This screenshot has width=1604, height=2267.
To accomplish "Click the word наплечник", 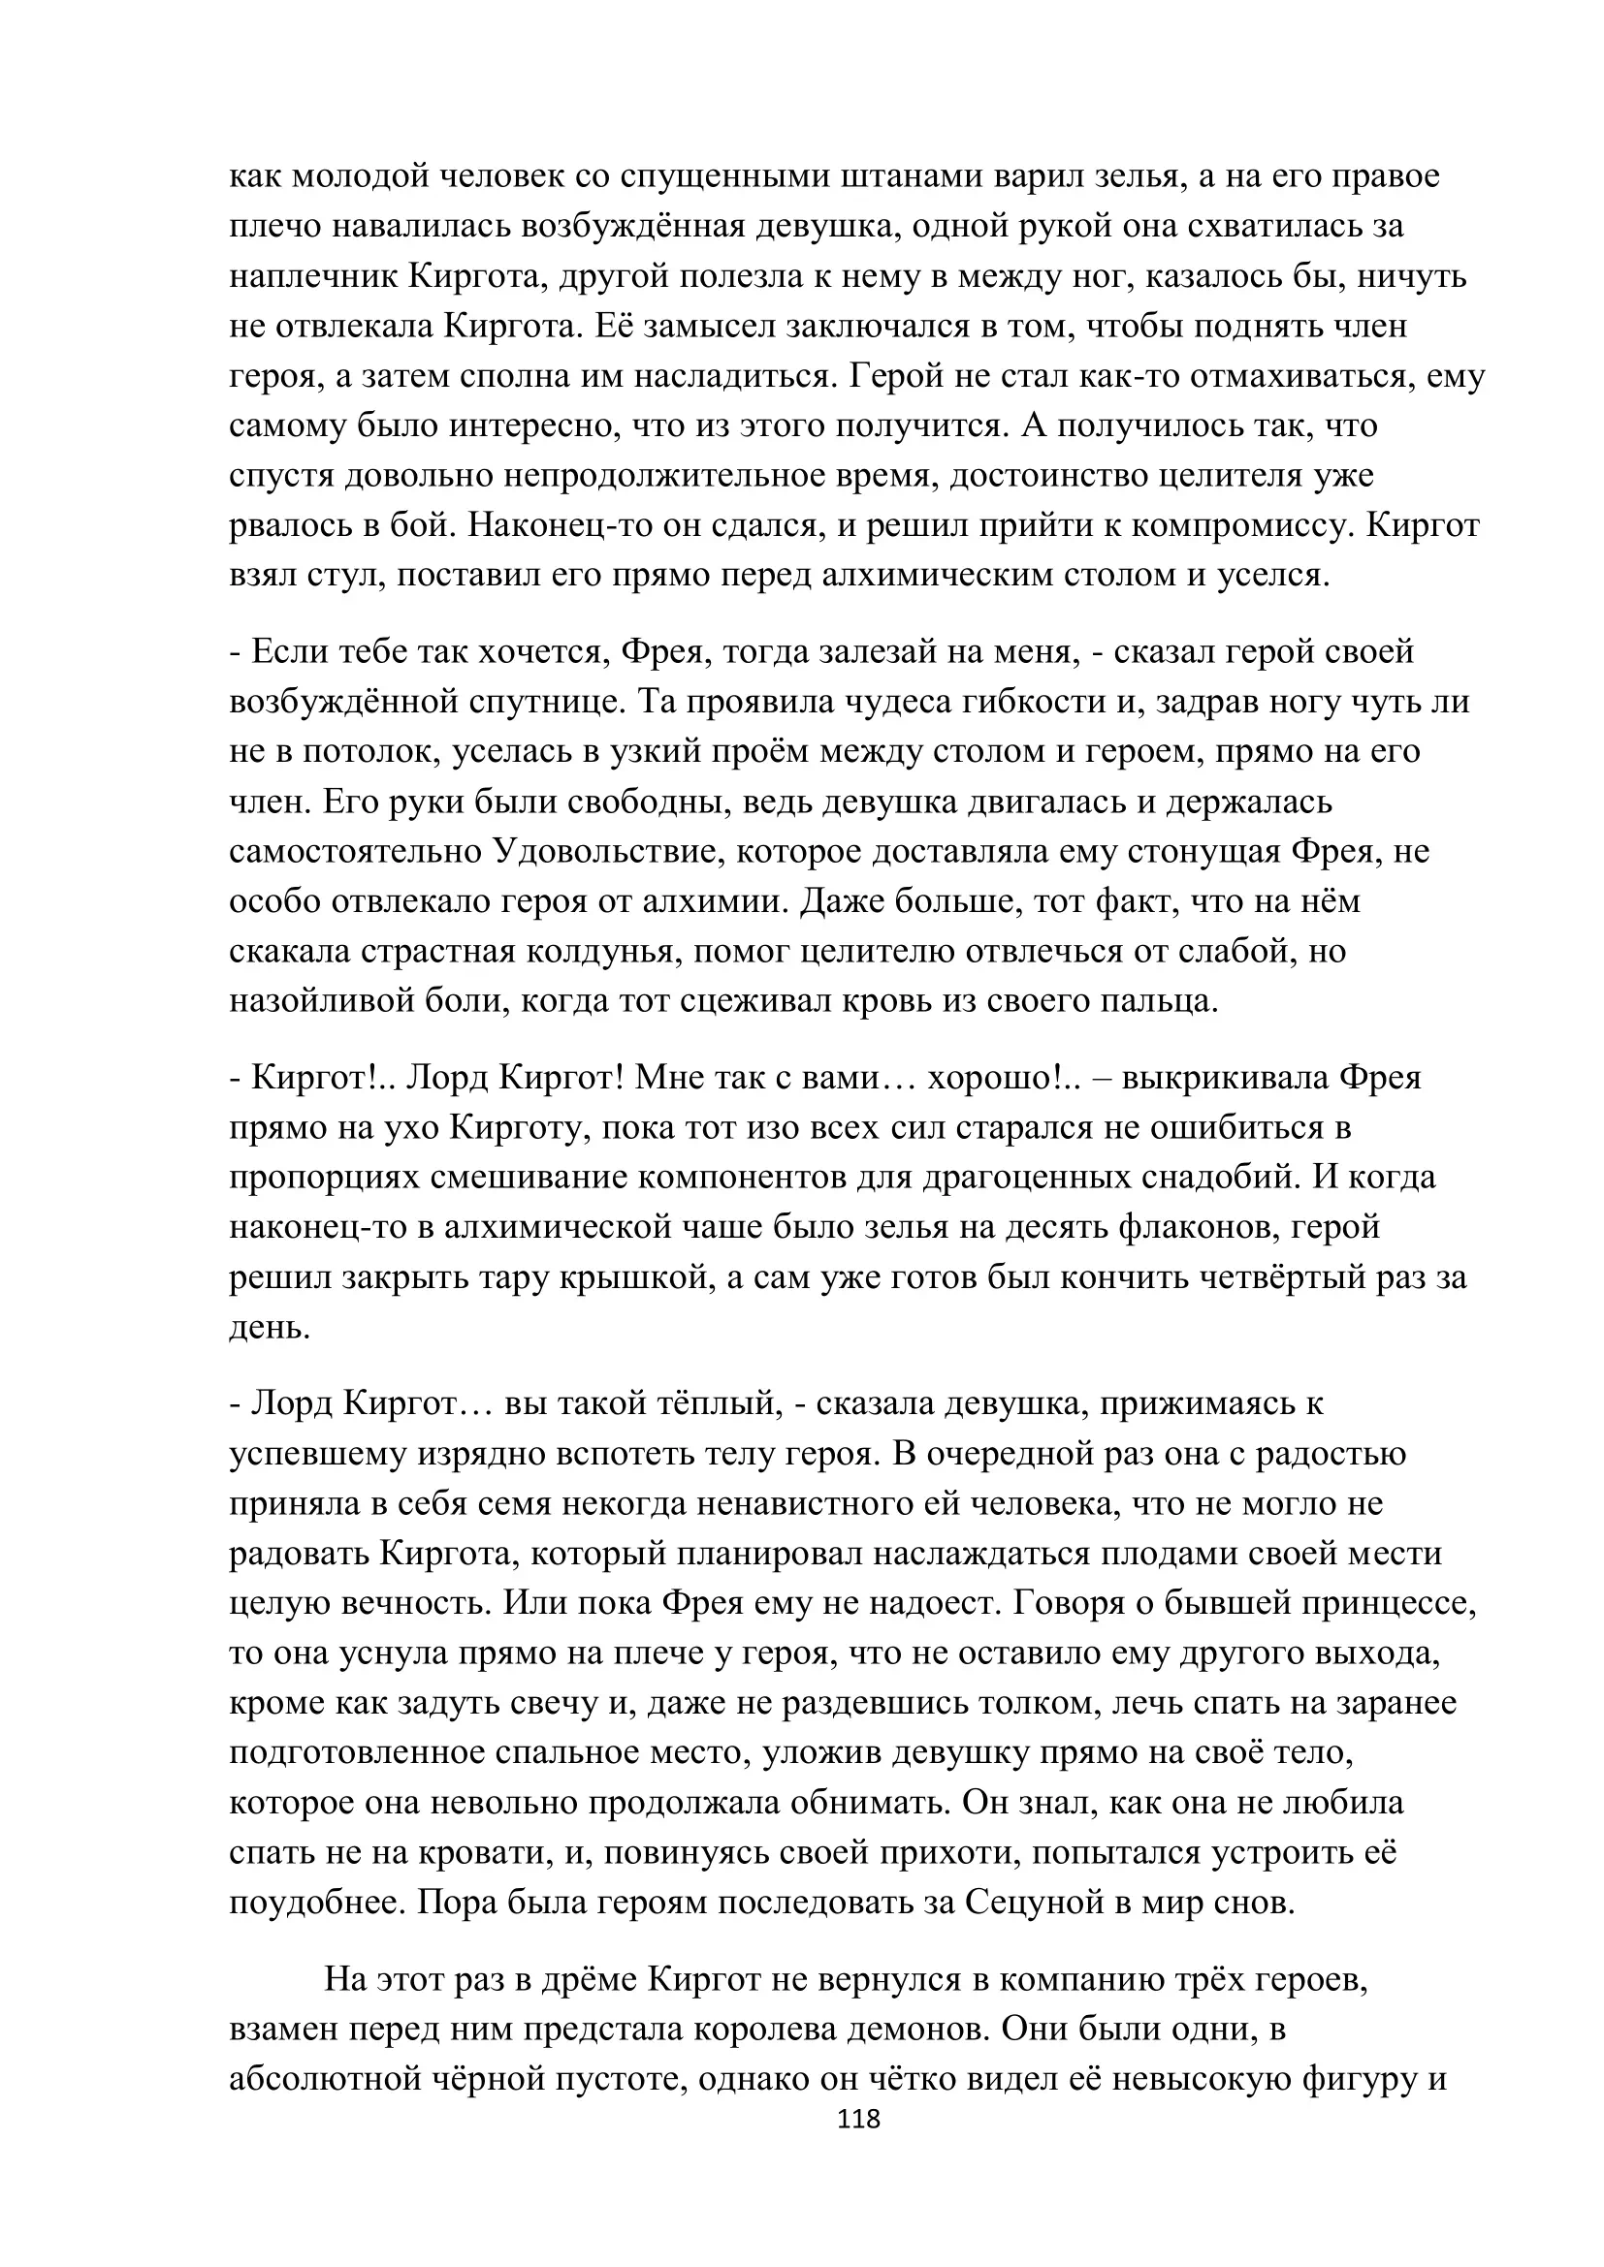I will click(313, 276).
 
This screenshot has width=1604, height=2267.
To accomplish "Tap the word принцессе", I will click(1388, 1602).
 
